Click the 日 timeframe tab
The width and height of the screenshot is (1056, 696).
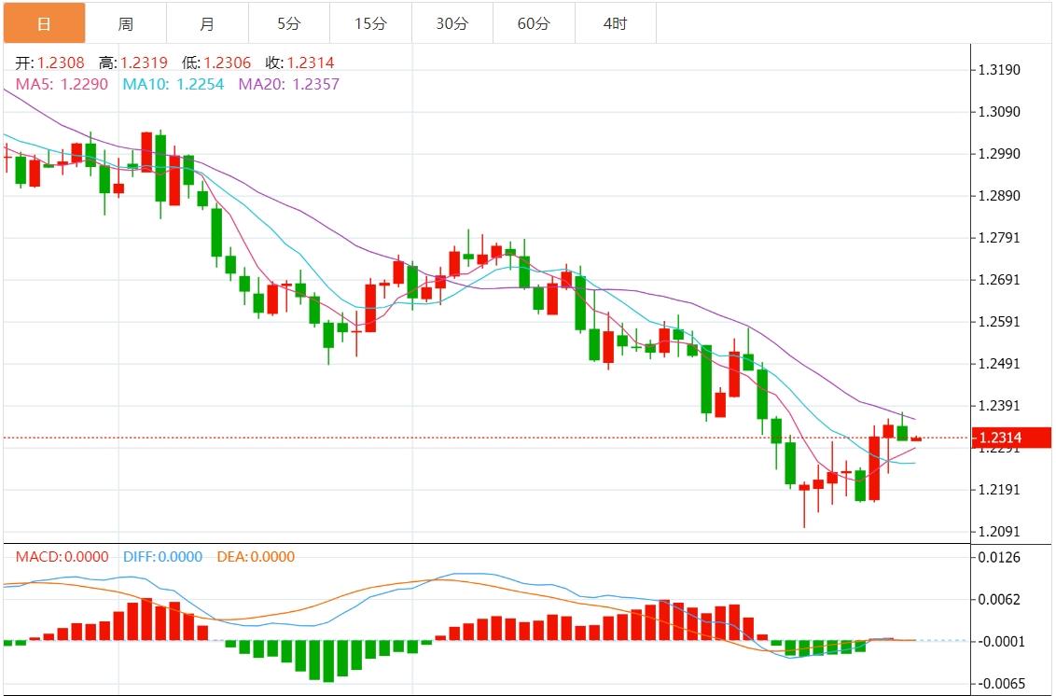coord(44,23)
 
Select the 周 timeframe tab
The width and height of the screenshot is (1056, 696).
coord(126,23)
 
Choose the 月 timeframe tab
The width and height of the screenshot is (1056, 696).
coord(207,23)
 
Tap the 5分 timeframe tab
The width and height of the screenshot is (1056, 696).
coord(289,23)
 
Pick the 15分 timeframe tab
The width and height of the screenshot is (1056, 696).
coord(370,23)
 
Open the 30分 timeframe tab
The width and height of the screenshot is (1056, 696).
coord(452,23)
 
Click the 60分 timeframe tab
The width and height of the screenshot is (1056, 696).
coord(534,23)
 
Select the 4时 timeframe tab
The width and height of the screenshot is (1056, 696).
coord(616,23)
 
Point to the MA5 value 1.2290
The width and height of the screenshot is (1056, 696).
coord(84,84)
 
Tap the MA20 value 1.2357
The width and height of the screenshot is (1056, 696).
coord(315,84)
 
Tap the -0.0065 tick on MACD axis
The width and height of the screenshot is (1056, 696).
coord(997,684)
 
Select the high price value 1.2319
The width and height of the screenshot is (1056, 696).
coord(144,63)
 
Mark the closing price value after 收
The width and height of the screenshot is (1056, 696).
coord(311,63)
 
